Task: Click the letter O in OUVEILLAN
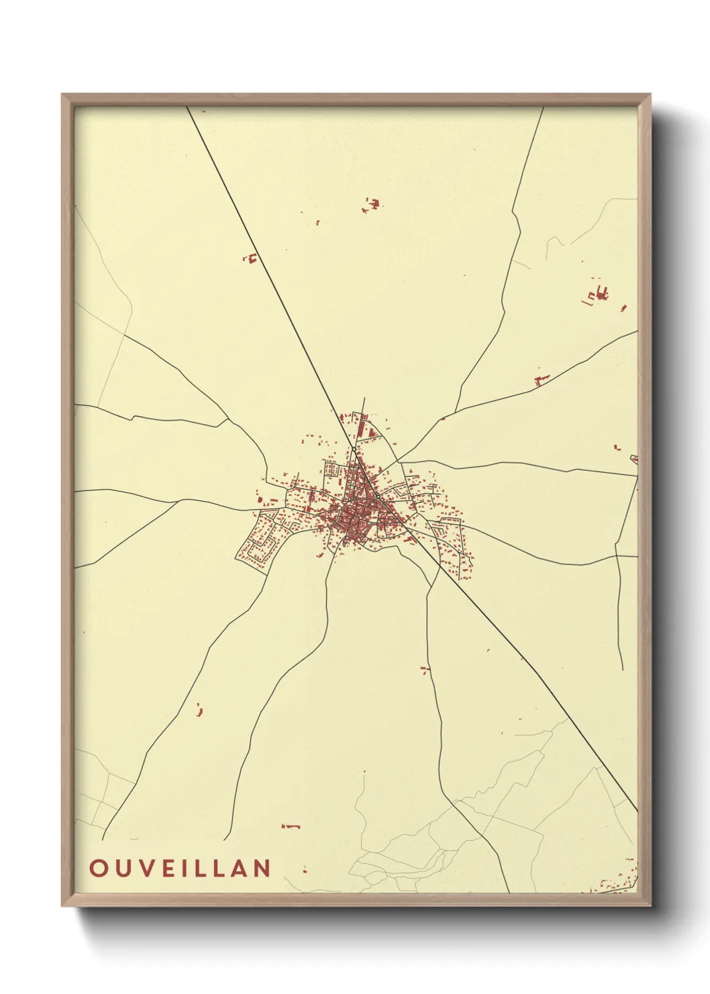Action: (98, 868)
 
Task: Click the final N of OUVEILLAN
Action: (262, 868)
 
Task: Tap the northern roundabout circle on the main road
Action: (354, 449)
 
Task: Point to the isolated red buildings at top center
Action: (371, 204)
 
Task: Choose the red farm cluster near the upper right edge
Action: (599, 294)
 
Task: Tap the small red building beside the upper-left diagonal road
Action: (252, 257)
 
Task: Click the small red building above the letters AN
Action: (291, 825)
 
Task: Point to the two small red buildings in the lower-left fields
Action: (199, 709)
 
